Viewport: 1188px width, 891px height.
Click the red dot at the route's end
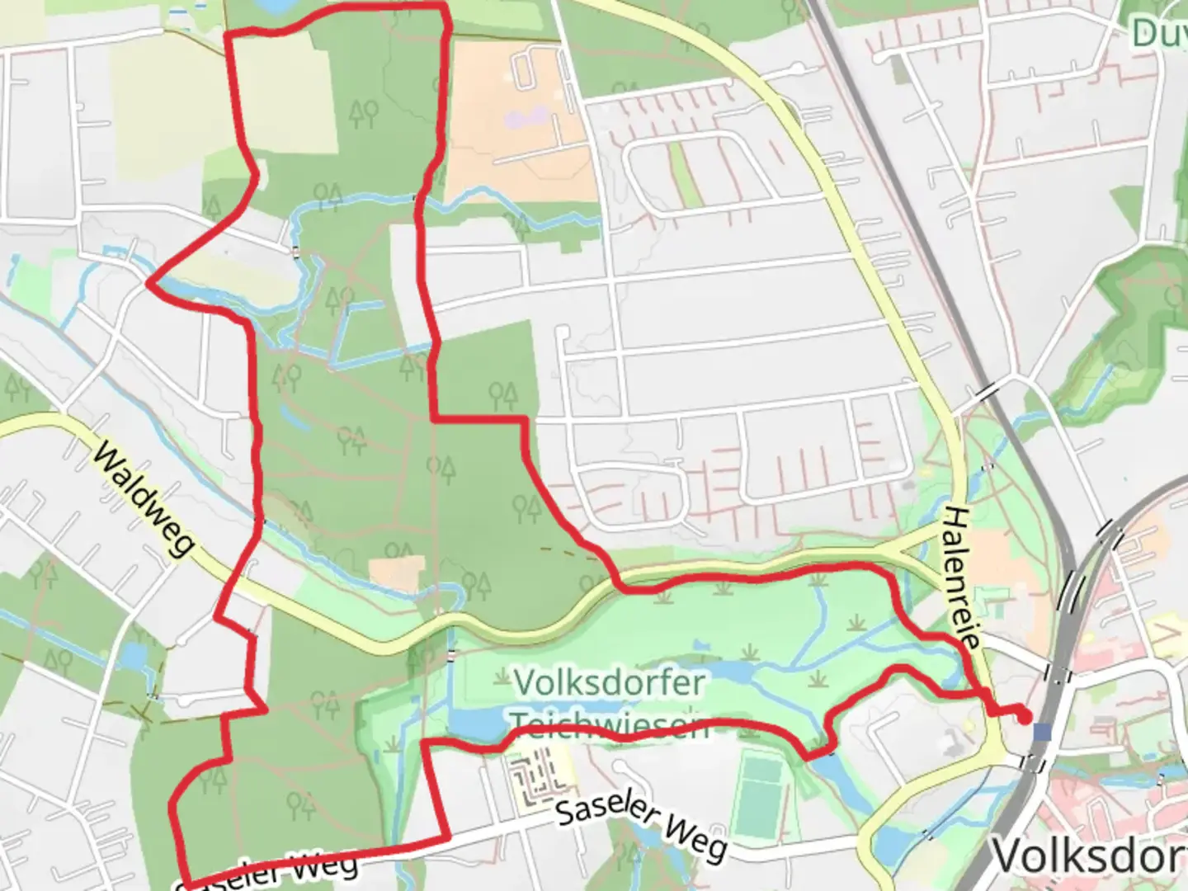click(x=1025, y=717)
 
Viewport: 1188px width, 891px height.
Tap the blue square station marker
click(x=1043, y=732)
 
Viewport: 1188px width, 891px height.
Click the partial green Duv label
click(x=1160, y=33)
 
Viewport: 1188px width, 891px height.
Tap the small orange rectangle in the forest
click(x=396, y=574)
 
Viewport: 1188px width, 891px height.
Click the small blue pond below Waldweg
click(x=133, y=657)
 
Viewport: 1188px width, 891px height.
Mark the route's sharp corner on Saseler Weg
click(x=448, y=840)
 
